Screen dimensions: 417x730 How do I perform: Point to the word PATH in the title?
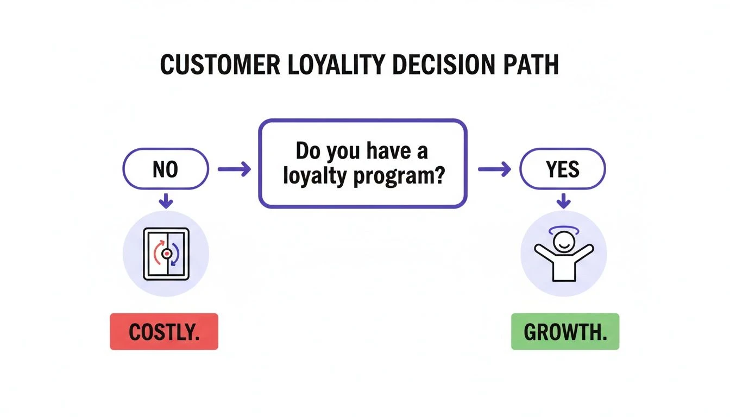(x=529, y=65)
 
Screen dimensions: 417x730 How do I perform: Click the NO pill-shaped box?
(x=166, y=169)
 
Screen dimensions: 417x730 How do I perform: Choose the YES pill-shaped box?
(x=563, y=169)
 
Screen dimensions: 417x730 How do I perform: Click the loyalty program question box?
(x=362, y=163)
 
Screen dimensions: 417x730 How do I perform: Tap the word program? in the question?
(x=398, y=178)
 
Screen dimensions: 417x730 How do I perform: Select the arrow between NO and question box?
(x=234, y=170)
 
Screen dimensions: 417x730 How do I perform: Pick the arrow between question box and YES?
(x=494, y=170)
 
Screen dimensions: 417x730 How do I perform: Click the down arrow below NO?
(x=166, y=201)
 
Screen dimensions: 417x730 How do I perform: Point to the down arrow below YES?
(x=564, y=201)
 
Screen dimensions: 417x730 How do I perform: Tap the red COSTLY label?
(x=164, y=331)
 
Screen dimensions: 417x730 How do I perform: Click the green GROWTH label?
(x=565, y=331)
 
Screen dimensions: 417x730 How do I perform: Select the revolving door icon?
(x=166, y=254)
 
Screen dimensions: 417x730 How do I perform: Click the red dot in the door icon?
(x=166, y=254)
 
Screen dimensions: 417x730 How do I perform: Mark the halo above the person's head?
(x=564, y=230)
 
